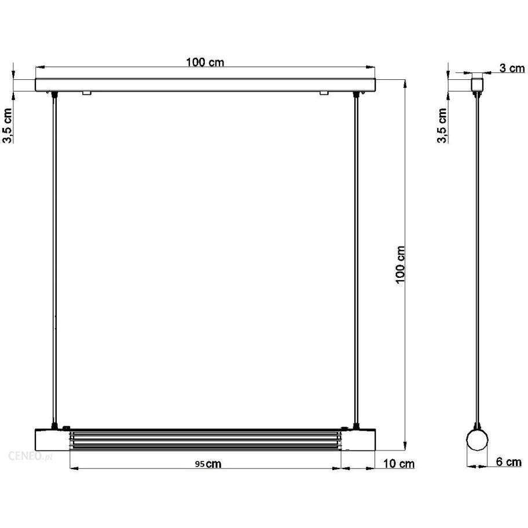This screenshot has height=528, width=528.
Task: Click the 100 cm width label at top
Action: coord(205,63)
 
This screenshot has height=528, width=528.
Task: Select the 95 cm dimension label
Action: coord(208,463)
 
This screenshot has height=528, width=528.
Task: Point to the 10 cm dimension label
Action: coord(399,463)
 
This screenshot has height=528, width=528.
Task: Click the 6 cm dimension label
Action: coord(508,462)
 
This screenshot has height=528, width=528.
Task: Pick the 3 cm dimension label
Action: coord(512,68)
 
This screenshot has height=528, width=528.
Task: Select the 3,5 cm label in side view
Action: coord(443,126)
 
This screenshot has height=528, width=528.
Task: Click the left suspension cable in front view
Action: coord(54,261)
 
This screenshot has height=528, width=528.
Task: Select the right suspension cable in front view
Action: coord(354,261)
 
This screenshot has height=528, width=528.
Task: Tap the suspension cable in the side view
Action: coord(477,261)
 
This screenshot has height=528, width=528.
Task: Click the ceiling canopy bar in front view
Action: coord(206,85)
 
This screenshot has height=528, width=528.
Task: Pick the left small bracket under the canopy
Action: coord(86,93)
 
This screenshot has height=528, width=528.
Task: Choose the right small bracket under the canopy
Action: coord(324,93)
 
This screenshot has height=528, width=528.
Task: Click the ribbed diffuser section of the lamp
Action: coord(206,439)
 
